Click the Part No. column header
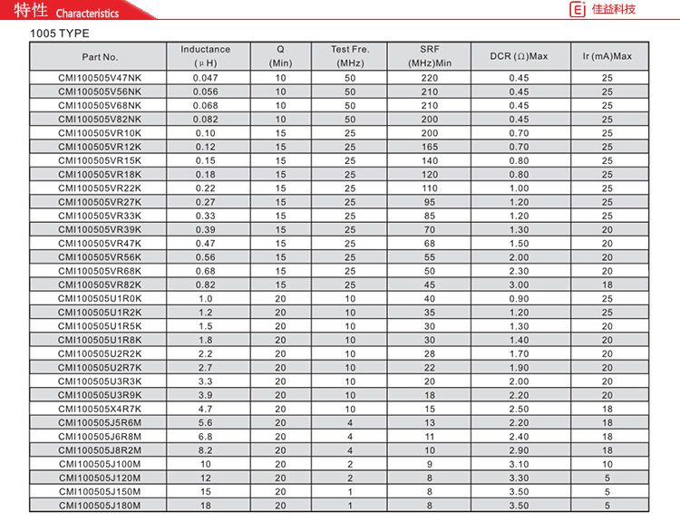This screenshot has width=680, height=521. (100, 56)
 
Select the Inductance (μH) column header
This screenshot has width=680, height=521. (206, 56)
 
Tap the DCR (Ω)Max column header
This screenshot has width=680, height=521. (519, 56)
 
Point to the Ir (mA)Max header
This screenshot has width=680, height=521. (607, 56)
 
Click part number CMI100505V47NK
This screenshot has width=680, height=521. (100, 78)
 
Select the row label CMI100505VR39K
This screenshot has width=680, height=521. (100, 229)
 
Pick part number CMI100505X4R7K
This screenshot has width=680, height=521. (100, 409)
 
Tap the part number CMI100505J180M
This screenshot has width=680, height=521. (100, 506)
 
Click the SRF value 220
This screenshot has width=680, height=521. (430, 78)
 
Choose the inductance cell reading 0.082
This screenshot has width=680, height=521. (206, 120)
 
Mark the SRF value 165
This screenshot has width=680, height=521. (430, 147)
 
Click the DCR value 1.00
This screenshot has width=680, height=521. (519, 188)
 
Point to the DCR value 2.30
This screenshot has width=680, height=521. (519, 271)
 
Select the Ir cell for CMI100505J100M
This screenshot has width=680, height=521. (607, 464)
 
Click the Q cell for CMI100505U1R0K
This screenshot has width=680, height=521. (280, 298)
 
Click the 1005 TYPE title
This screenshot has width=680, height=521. (60, 34)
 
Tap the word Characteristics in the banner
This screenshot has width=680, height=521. (88, 14)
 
